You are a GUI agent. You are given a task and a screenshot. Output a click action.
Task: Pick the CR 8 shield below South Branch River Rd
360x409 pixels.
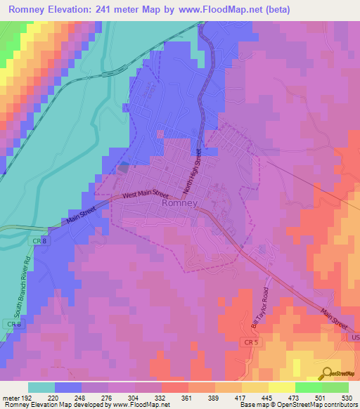click(11, 324)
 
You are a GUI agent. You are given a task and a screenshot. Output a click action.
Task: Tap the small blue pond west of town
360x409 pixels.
click(124, 167)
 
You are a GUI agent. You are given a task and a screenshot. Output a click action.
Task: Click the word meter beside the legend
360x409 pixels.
click(10, 397)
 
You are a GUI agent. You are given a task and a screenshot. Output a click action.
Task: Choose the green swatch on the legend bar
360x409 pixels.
click(308, 387)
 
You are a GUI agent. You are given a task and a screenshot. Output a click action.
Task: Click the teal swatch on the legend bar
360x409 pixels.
click(41, 387)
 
